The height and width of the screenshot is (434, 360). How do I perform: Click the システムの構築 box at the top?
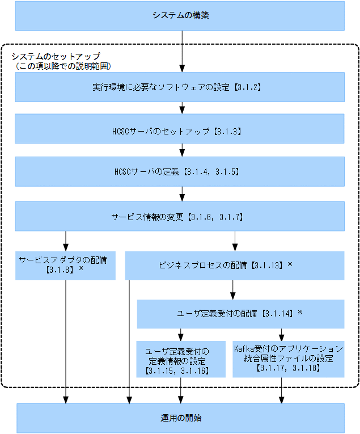point(179,16)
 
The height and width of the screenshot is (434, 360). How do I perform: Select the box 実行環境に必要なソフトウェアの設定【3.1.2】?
point(179,88)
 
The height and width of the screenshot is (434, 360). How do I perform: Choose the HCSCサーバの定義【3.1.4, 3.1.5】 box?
point(179,171)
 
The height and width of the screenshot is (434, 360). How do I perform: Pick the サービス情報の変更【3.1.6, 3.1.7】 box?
point(179,216)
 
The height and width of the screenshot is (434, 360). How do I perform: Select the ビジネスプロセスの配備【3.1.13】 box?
point(234,266)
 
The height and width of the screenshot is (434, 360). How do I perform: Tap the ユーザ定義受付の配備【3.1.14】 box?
point(240,314)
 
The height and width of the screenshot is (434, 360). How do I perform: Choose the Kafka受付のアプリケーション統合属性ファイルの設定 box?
point(288,359)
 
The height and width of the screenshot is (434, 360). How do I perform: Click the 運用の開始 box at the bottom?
point(180,418)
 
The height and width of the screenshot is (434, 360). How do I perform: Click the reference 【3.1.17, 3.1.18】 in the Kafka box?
point(288,369)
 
